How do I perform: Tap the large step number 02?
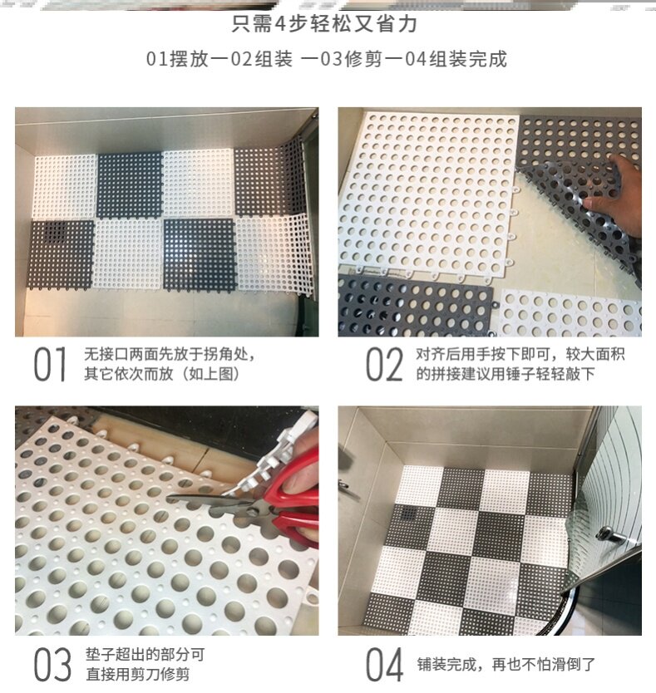385,366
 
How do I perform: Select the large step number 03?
52,664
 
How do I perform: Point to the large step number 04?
385,664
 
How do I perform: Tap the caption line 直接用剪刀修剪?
136,674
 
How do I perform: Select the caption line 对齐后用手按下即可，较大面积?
520,356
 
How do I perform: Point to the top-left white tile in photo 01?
65,186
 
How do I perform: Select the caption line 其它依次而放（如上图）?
161,375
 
